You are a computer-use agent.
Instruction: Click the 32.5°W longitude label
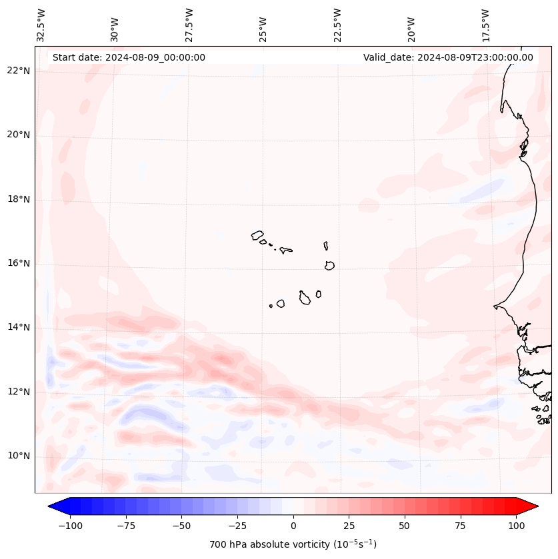point(41,25)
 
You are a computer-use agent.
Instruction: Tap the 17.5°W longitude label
point(485,25)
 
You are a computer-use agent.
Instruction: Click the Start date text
point(129,57)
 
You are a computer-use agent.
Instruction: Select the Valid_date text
point(448,57)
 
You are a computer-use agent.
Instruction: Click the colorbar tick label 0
point(293,526)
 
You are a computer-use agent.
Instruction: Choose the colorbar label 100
point(516,526)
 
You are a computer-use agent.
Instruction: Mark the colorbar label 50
point(405,526)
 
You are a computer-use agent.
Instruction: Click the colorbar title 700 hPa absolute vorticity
point(293,544)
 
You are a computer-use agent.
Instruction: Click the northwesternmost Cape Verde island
point(257,235)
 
